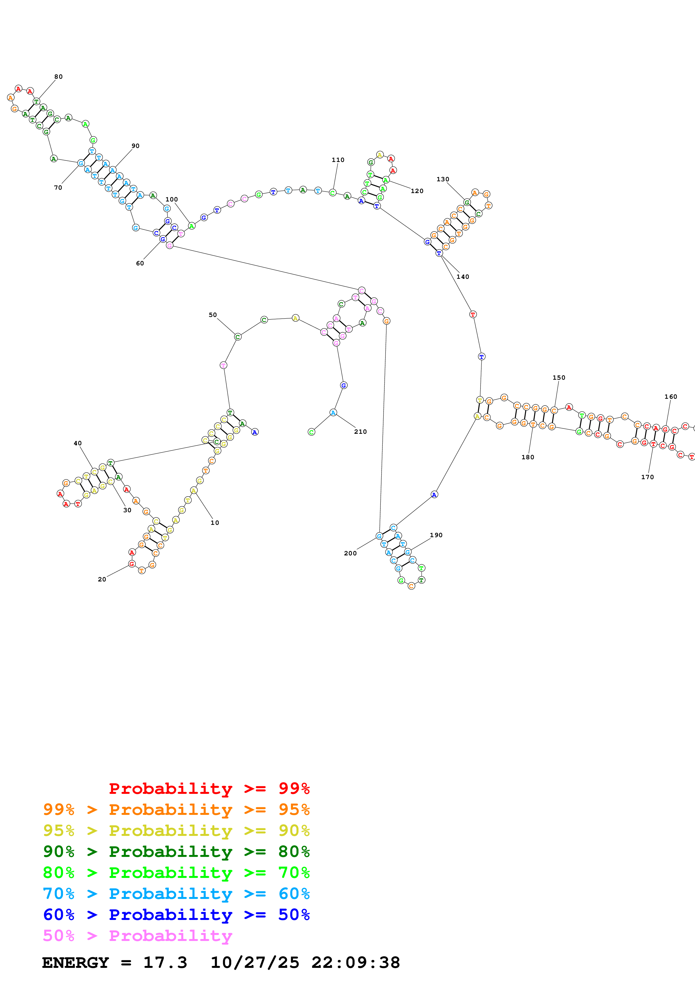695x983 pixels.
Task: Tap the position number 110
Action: [338, 160]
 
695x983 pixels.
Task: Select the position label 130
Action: [443, 179]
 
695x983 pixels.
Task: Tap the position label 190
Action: [436, 535]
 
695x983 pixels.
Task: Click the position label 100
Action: [171, 200]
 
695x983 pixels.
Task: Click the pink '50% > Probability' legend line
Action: [137, 936]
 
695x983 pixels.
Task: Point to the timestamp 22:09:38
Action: [355, 963]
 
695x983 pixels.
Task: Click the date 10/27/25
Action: [255, 963]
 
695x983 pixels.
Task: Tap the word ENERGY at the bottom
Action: [75, 963]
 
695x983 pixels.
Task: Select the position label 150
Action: [558, 378]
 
